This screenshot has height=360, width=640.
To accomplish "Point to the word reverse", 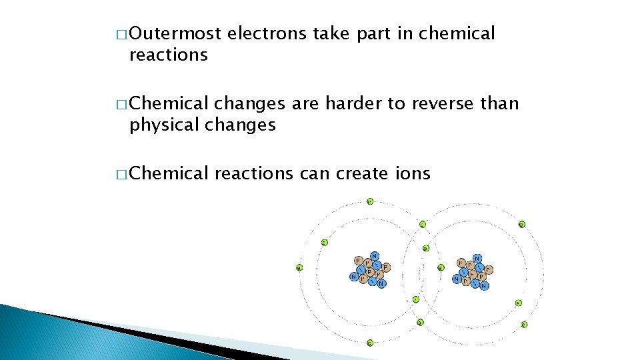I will (x=441, y=104).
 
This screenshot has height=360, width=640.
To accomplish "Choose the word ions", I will (x=413, y=174).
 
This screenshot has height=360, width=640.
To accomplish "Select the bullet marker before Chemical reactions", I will (x=121, y=175).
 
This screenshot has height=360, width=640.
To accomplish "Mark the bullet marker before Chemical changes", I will (x=121, y=105).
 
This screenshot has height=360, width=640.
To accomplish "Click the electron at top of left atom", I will (x=370, y=201).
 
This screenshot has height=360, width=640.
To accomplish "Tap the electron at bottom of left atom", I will (x=370, y=343).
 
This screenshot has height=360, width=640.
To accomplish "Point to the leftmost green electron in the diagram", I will (x=299, y=268).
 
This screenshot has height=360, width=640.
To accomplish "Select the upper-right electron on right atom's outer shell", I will (x=521, y=225).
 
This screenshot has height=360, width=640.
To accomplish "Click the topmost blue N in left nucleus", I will (x=374, y=256).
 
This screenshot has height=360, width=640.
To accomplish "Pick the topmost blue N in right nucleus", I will (x=477, y=258).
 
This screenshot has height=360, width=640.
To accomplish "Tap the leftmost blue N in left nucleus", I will (x=353, y=277).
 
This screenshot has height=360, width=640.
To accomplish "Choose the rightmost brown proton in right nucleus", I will (x=490, y=269).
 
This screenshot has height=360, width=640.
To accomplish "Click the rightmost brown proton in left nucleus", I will (x=386, y=267).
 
